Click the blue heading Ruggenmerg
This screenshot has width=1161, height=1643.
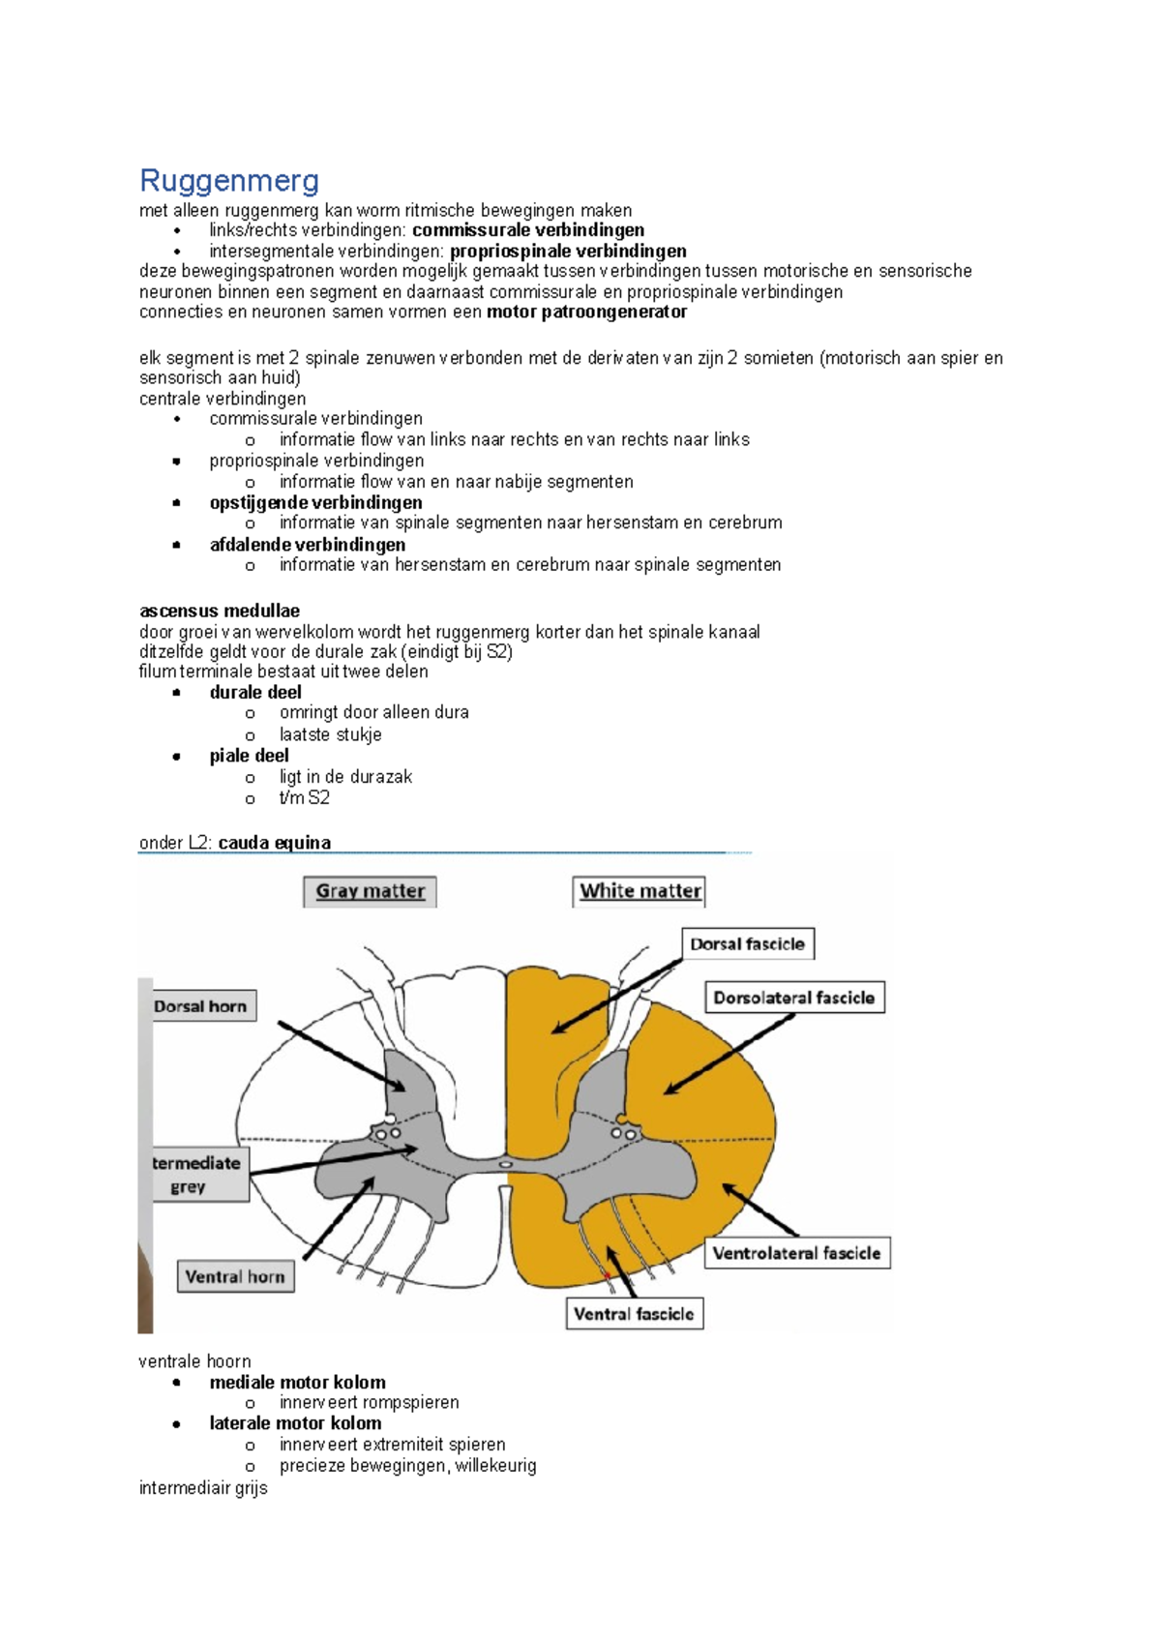(229, 181)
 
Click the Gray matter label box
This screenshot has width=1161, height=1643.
(370, 891)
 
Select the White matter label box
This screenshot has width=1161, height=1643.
(640, 891)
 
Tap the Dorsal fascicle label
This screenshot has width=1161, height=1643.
(747, 943)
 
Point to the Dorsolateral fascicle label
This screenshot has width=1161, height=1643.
(793, 998)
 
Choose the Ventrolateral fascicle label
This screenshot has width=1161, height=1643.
(796, 1253)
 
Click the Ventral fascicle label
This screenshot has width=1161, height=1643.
(634, 1314)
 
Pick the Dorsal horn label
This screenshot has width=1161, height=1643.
(200, 1006)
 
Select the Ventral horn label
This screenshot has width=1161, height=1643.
(235, 1277)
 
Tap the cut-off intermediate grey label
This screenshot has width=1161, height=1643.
(198, 1175)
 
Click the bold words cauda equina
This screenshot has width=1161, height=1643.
(274, 843)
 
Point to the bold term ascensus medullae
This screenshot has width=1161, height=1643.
(220, 612)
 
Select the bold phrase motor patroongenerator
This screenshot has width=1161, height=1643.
(586, 312)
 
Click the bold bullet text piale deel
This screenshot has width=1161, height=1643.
(249, 756)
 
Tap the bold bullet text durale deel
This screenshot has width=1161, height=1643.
(255, 692)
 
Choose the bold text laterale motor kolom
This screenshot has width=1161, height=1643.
(295, 1423)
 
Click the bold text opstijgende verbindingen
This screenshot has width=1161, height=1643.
(315, 502)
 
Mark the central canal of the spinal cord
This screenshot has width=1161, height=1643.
(505, 1164)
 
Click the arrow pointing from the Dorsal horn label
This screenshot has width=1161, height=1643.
(339, 1055)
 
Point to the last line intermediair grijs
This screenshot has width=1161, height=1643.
(203, 1488)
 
